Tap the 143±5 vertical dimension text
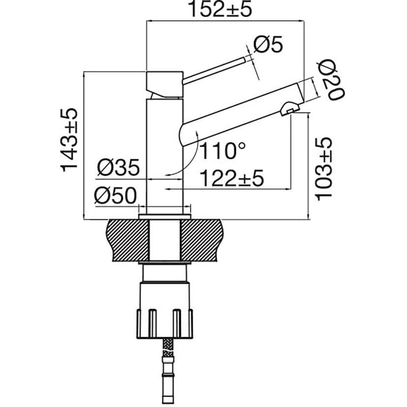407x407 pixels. click(x=70, y=140)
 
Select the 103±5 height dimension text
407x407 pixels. click(x=324, y=169)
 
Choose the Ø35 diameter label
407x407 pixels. click(x=118, y=168)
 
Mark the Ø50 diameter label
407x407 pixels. click(x=116, y=196)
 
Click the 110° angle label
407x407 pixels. click(x=222, y=150)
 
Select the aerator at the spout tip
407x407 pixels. click(x=290, y=108)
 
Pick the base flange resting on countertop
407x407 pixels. click(x=165, y=216)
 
